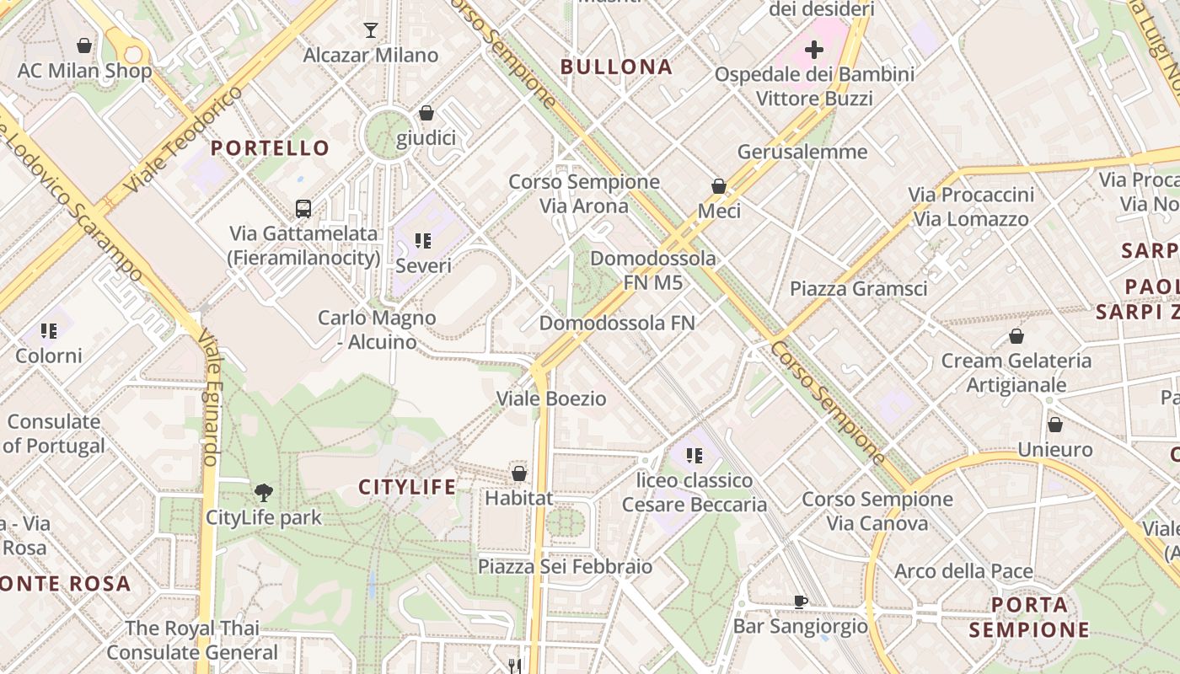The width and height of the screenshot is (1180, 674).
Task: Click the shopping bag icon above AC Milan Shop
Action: point(84,45)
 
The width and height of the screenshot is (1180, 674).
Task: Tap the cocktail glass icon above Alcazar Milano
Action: point(371,30)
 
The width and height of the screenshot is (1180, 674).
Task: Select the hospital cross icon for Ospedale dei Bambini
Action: point(814,50)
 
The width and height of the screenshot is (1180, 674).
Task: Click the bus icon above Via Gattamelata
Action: point(303,208)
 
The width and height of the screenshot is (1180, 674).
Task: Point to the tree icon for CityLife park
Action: point(264,492)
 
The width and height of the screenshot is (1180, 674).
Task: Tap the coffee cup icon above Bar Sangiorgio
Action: point(800,602)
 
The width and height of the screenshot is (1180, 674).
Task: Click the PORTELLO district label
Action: point(270,148)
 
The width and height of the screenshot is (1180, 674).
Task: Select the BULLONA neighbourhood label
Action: point(616,67)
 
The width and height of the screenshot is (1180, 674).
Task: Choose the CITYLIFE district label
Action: point(407,487)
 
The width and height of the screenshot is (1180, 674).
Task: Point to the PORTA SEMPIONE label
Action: point(1029,617)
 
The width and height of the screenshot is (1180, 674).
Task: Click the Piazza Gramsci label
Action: point(858,288)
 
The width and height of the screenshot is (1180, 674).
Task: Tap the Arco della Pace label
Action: point(963,571)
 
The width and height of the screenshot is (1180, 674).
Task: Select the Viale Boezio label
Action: point(551,399)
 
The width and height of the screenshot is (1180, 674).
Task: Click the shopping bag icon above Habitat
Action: point(519,473)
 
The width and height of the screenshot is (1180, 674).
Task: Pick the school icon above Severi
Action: point(423,242)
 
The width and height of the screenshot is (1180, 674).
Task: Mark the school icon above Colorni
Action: point(49,331)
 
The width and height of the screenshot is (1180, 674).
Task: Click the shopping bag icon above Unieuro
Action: point(1054,425)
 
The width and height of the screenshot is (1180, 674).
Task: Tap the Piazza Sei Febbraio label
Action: point(565,566)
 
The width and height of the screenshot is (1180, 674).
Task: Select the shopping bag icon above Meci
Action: point(719,186)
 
